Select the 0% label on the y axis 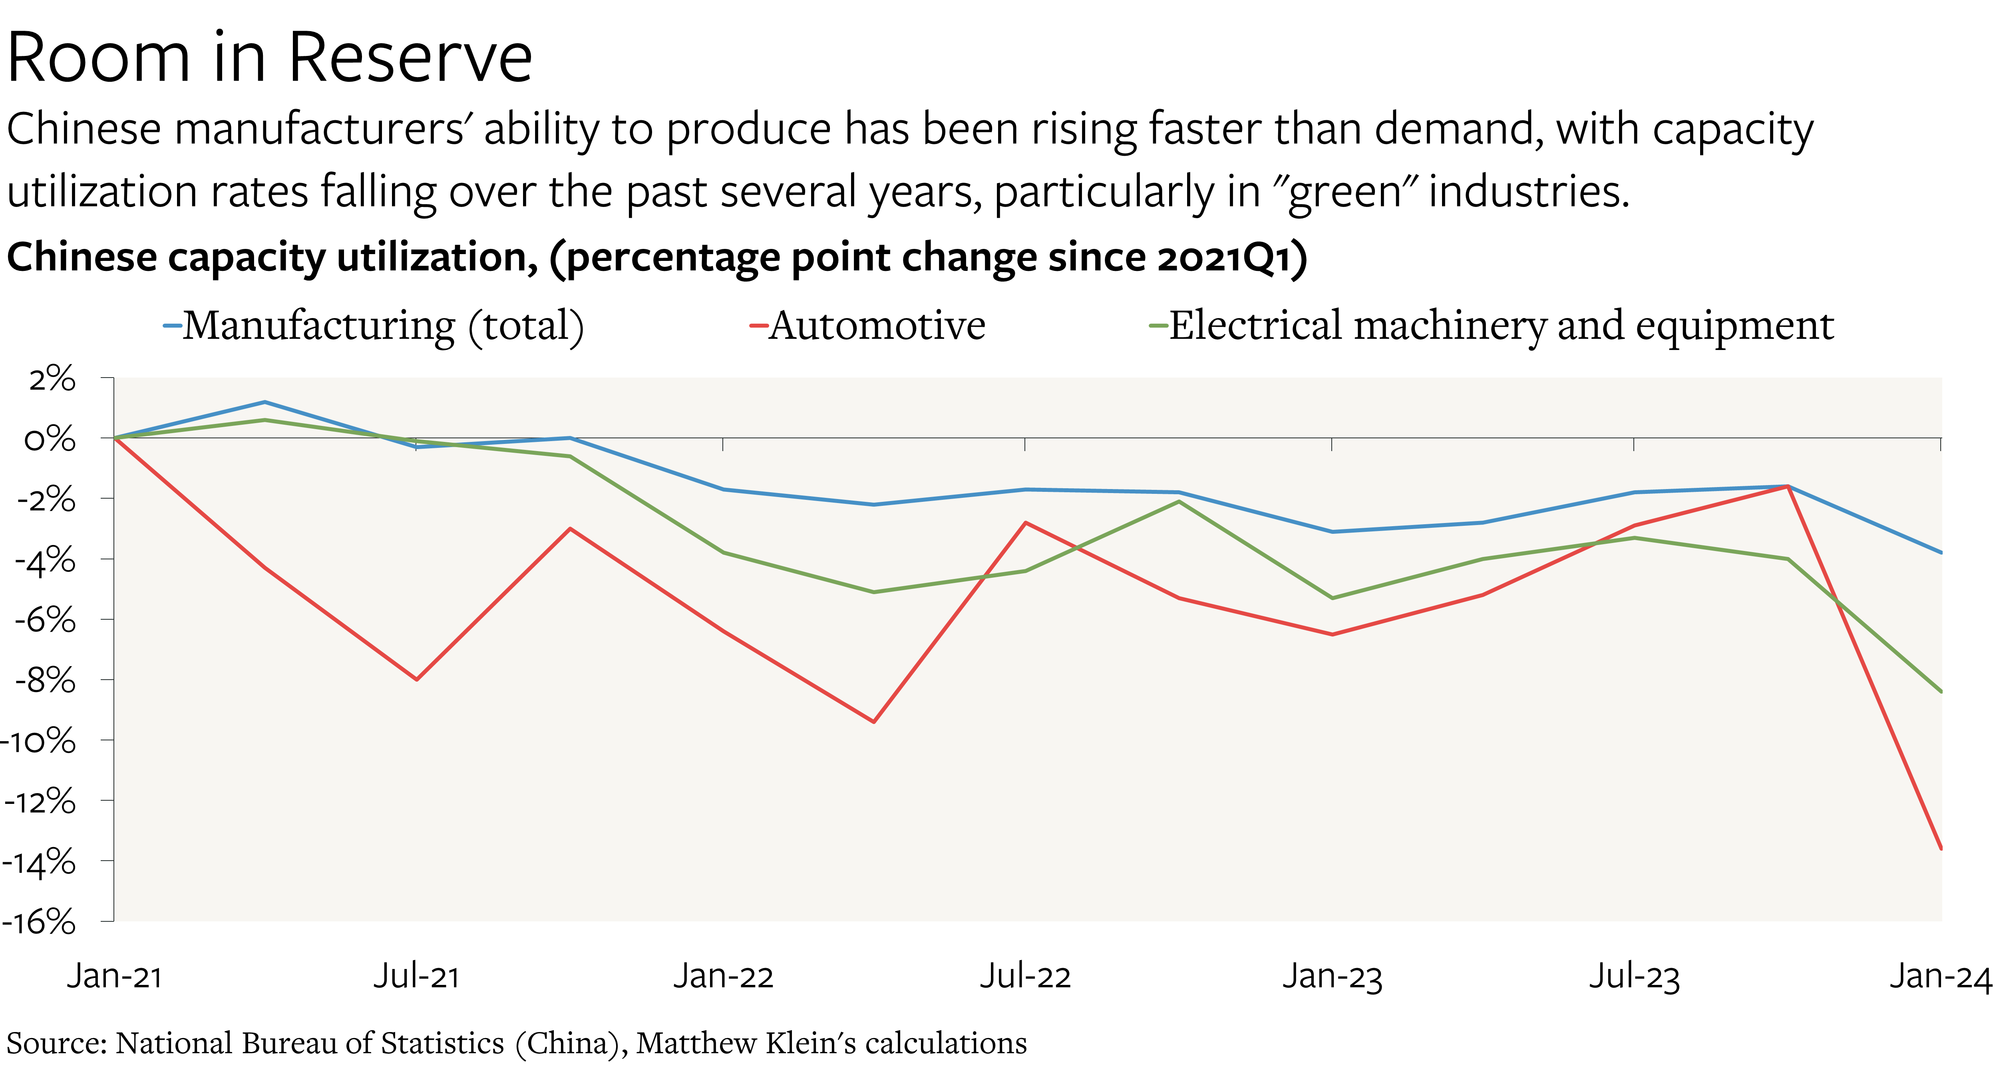[50, 440]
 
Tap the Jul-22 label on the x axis [1025, 976]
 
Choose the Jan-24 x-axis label [1939, 976]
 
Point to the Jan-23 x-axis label [1332, 976]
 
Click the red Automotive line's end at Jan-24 [1940, 848]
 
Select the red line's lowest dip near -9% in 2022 [874, 722]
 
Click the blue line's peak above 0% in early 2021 [265, 402]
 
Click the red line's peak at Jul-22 [1026, 523]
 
